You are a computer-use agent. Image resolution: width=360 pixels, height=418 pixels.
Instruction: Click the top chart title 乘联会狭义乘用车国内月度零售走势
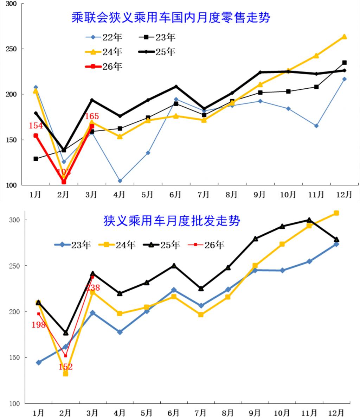171,18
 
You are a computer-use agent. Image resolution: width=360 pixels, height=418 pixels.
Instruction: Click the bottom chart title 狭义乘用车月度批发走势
172,221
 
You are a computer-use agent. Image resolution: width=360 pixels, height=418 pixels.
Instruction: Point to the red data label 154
36,126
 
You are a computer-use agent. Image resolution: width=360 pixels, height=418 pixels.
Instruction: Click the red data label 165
92,116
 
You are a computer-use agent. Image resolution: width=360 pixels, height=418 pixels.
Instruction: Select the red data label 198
39,325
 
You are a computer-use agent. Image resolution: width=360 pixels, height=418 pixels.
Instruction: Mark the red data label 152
66,367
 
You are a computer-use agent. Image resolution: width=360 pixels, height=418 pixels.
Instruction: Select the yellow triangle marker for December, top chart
344,37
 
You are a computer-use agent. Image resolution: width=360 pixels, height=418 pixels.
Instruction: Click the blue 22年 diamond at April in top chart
120,181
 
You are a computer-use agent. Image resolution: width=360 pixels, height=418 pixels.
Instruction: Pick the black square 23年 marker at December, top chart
345,63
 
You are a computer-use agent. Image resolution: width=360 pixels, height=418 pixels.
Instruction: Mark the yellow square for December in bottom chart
336,213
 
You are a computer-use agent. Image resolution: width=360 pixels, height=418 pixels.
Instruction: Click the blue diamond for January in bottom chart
39,362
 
